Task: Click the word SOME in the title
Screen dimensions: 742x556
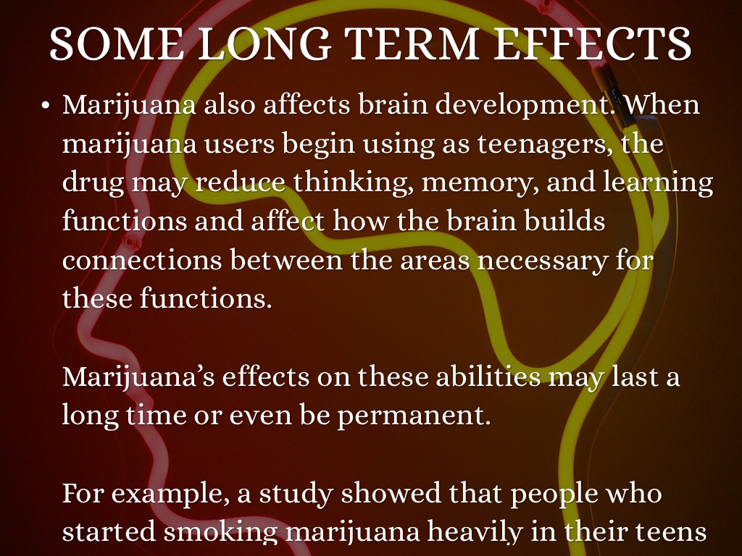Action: [117, 43]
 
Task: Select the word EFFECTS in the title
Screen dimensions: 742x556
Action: [593, 43]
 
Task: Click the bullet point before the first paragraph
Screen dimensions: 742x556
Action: [46, 105]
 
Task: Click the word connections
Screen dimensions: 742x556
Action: [142, 261]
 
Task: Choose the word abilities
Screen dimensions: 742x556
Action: [488, 377]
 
